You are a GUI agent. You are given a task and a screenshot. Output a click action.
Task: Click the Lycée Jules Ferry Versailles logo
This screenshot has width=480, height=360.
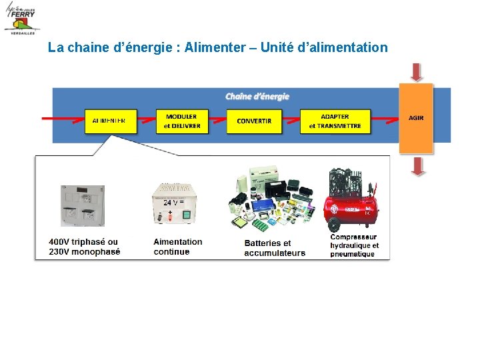point(21,18)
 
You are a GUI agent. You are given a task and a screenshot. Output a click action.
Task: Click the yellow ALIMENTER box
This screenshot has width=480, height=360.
point(109,121)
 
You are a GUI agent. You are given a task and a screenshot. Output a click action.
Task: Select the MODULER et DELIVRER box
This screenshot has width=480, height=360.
point(182,121)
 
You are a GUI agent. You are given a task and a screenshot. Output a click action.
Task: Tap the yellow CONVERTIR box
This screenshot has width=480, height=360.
point(254,121)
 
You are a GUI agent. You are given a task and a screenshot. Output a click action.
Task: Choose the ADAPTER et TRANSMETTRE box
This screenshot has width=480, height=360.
point(335,121)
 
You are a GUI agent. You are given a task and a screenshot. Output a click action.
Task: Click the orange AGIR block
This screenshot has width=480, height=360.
point(416,118)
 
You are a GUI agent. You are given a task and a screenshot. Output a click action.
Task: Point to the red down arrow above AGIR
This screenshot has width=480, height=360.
point(417,72)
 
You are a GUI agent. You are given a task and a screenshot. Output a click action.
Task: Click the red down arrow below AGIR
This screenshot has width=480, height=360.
point(417,166)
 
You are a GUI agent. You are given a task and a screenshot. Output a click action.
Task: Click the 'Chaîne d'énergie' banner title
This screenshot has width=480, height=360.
point(257,97)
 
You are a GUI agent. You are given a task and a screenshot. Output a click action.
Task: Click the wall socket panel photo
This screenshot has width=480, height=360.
point(83,206)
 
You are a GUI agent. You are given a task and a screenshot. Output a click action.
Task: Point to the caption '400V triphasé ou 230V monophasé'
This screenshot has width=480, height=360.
point(85,247)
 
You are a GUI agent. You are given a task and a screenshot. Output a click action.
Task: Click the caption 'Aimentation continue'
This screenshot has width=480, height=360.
point(177,247)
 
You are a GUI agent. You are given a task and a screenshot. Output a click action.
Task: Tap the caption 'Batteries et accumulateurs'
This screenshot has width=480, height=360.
point(275,248)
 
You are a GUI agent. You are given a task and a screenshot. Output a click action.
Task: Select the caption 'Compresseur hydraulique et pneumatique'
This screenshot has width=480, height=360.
point(354,245)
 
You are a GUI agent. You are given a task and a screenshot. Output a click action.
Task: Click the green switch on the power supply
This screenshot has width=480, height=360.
point(187,215)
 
